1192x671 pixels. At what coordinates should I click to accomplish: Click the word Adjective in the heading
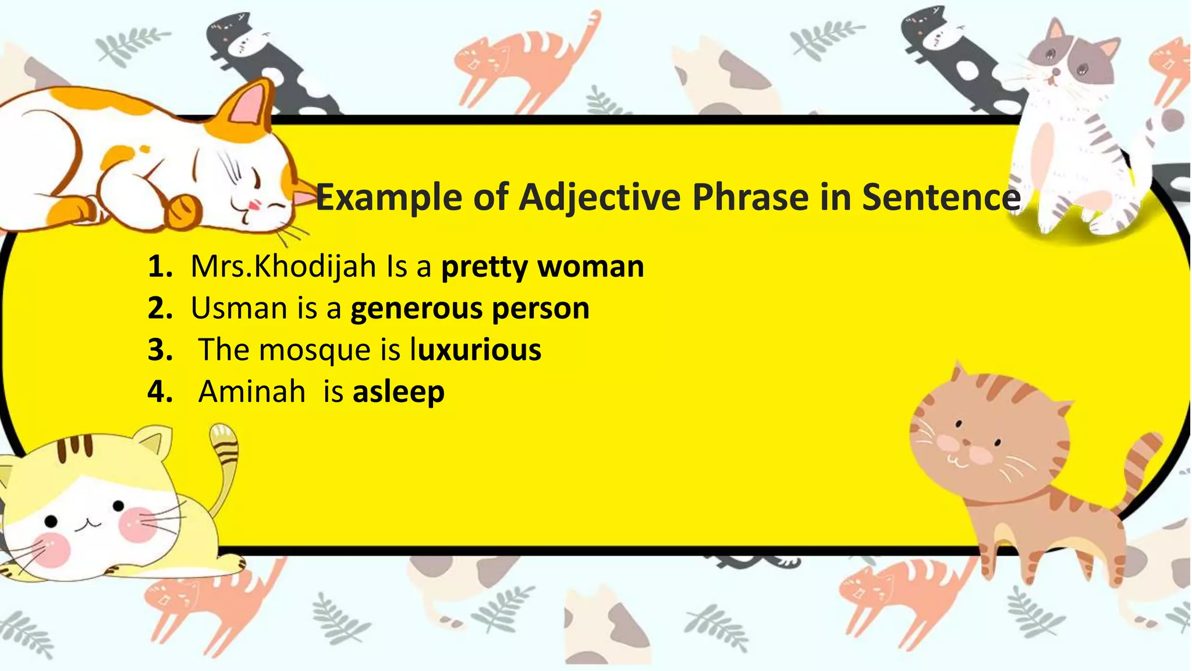coord(599,198)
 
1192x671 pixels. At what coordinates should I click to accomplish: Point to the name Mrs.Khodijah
coord(283,267)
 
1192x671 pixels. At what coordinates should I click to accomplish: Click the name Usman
coord(239,309)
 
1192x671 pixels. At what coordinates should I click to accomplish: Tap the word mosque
coord(315,351)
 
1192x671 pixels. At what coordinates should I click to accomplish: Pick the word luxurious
coord(476,351)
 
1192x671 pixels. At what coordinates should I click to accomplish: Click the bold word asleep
coord(399,391)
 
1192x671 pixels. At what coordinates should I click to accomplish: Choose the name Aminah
coord(251,391)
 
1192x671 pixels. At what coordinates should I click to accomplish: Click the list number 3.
coord(159,351)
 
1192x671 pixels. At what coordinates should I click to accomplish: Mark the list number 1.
coord(159,267)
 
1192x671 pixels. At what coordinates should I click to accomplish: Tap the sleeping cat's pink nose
coord(254,205)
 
